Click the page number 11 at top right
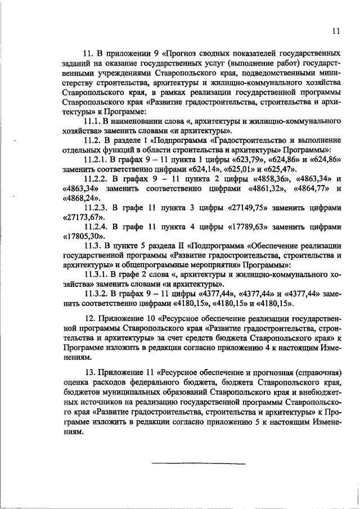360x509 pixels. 336,31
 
